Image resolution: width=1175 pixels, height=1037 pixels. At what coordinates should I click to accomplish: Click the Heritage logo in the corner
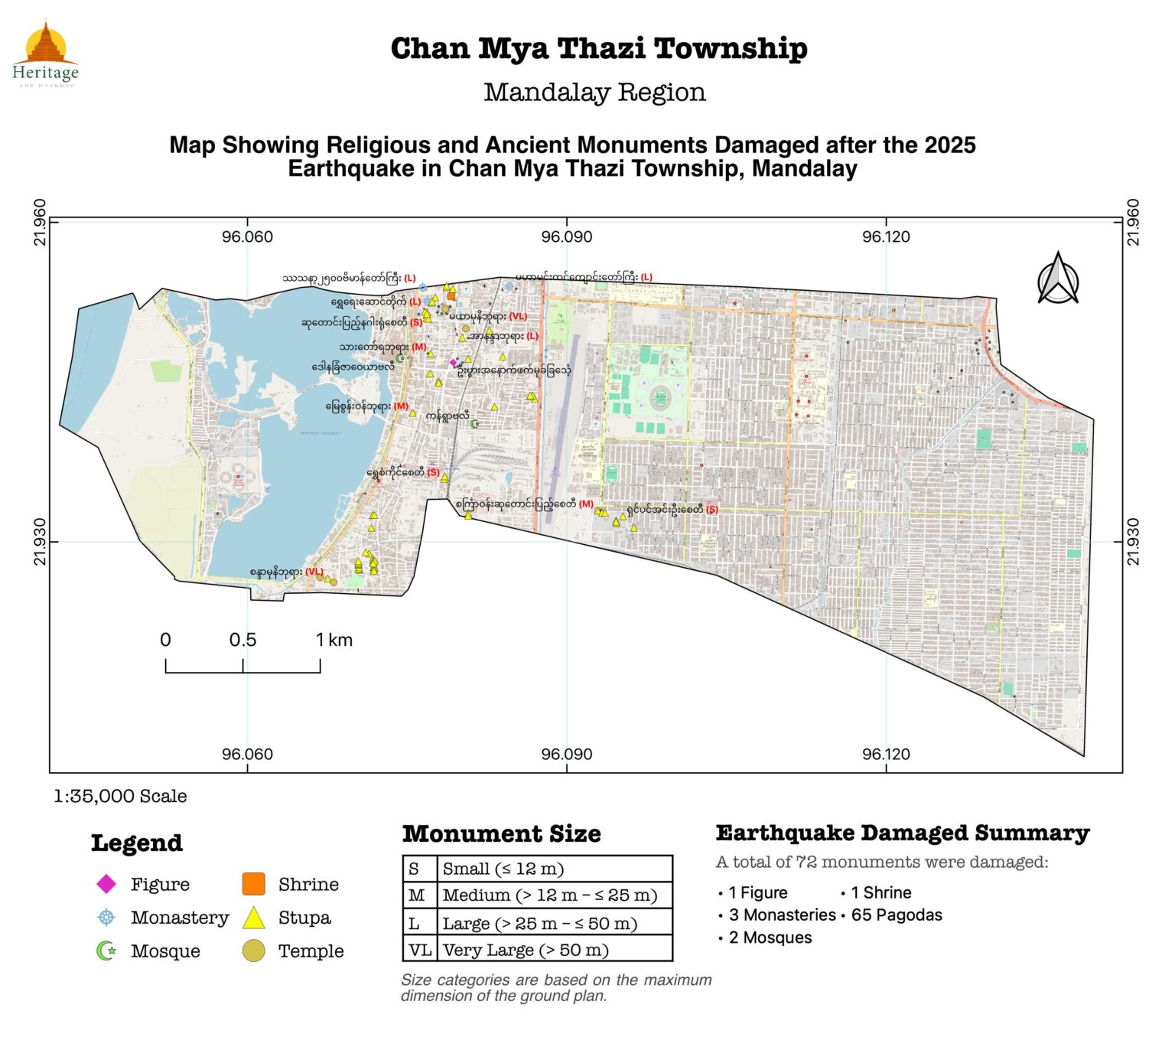45,54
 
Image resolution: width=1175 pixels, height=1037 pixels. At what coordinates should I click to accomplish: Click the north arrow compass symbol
1058,279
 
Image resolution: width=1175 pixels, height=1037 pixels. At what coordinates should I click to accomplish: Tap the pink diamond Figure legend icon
106,884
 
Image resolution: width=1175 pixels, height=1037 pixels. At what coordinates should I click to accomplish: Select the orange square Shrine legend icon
253,884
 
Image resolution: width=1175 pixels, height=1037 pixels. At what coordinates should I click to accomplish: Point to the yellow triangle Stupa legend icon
253,918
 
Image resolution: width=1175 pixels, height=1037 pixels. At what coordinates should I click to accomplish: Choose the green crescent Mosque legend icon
106,951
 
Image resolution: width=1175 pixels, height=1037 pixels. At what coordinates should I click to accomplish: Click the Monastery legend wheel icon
106,917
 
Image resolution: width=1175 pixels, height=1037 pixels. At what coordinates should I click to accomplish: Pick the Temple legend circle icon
253,951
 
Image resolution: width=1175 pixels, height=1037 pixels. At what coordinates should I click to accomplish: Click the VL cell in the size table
420,950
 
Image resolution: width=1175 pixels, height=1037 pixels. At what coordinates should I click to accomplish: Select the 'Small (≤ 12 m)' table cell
503,869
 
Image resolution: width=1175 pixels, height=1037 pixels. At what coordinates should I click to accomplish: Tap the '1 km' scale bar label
334,641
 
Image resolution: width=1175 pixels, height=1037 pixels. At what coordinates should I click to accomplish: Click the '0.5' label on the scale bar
242,641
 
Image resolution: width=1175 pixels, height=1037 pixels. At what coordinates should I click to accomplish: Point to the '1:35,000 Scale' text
120,796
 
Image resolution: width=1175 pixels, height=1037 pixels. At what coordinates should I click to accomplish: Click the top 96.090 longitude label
566,236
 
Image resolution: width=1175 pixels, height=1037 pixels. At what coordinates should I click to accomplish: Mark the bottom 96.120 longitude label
886,754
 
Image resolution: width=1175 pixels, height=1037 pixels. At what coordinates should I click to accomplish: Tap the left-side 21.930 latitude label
40,542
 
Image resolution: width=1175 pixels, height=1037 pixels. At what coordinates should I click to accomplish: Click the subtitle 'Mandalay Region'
594,92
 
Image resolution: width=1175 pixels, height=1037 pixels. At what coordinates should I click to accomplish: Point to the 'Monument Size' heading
501,833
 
